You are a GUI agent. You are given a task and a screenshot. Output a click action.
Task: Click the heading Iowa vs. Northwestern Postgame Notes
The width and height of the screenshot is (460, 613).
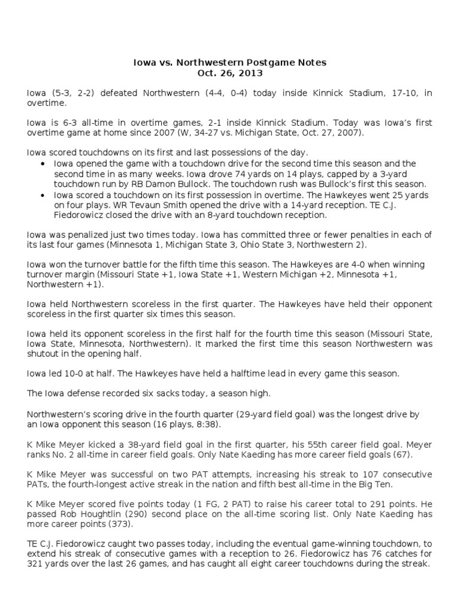pyautogui.click(x=229, y=62)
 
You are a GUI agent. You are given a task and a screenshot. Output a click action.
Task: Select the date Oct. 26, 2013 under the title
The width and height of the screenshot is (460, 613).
pyautogui.click(x=229, y=73)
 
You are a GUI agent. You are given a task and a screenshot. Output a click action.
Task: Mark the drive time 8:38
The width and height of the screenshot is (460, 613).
pyautogui.click(x=206, y=423)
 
